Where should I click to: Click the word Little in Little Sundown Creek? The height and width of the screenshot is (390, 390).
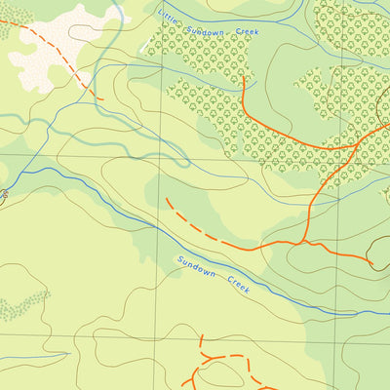coord(169,15)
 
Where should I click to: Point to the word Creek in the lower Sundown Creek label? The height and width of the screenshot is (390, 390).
coord(239,285)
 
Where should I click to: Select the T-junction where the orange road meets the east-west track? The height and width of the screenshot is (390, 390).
coord(305,240)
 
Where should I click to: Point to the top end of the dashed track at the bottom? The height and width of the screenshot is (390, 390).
coord(201,335)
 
